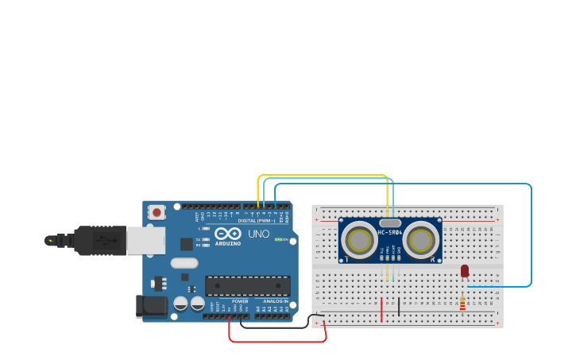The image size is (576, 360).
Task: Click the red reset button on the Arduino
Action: pyautogui.click(x=157, y=211)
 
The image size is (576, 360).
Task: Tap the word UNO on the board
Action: pyautogui.click(x=259, y=234)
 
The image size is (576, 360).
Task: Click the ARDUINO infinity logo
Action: pyautogui.click(x=228, y=234)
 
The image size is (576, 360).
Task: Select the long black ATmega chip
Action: pyautogui.click(x=247, y=285)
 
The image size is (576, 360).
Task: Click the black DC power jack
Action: pyautogui.click(x=152, y=307)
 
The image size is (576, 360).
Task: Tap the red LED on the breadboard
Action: pyautogui.click(x=465, y=271)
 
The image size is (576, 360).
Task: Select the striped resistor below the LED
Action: pyautogui.click(x=462, y=304)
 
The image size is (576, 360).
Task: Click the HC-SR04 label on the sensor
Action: pyautogui.click(x=390, y=233)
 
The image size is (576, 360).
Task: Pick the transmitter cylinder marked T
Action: pyautogui.click(x=360, y=239)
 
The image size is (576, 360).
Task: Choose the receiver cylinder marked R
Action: pyautogui.click(x=420, y=239)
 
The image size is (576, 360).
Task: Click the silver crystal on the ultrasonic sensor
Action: pyautogui.click(x=390, y=223)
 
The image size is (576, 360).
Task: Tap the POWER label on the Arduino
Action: pyautogui.click(x=240, y=301)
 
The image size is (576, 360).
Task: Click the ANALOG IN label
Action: pyautogui.click(x=276, y=301)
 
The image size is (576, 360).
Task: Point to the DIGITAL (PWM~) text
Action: pyautogui.click(x=257, y=220)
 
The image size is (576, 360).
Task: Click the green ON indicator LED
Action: pyautogui.click(x=277, y=239)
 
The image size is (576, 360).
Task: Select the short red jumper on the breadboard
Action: pyautogui.click(x=381, y=309)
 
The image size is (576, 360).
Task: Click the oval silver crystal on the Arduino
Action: pyautogui.click(x=184, y=263)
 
